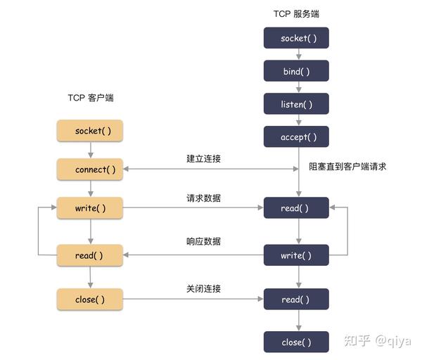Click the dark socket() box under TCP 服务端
click(296, 38)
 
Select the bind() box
click(296, 71)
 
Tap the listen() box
click(296, 104)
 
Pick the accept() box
click(296, 137)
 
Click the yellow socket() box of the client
click(89, 131)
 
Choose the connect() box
click(89, 169)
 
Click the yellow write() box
click(89, 208)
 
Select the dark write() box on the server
click(296, 255)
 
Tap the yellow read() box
click(89, 255)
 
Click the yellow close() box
click(89, 299)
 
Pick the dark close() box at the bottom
click(296, 342)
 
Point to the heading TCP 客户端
click(90, 98)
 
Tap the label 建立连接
click(203, 159)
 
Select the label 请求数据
click(203, 198)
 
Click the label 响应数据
click(203, 241)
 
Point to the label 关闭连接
click(203, 289)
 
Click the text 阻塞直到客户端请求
click(347, 167)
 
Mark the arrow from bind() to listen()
click(296, 87)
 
